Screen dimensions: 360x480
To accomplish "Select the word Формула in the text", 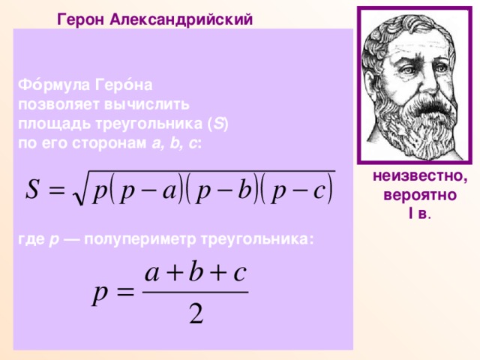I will point(50,86).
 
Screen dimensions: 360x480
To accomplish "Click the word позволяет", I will point(55,103).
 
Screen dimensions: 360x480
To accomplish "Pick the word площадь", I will point(51,121).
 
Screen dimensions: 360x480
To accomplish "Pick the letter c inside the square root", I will point(319,188).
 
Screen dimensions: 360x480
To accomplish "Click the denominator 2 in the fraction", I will point(196,315).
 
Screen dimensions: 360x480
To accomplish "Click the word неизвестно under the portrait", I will point(418,178).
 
